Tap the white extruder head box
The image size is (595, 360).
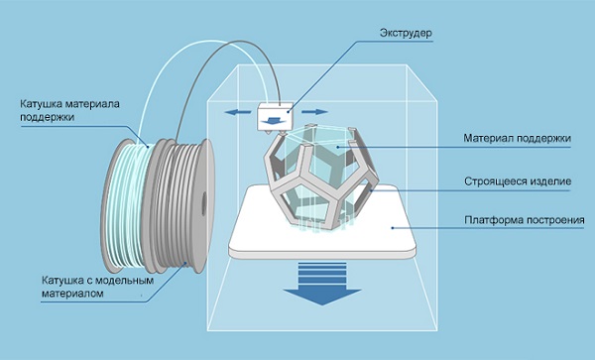coord(273,116)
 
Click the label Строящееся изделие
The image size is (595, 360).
coord(519,182)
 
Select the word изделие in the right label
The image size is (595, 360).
coord(551,182)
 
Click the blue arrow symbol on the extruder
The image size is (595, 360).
coord(272,118)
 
